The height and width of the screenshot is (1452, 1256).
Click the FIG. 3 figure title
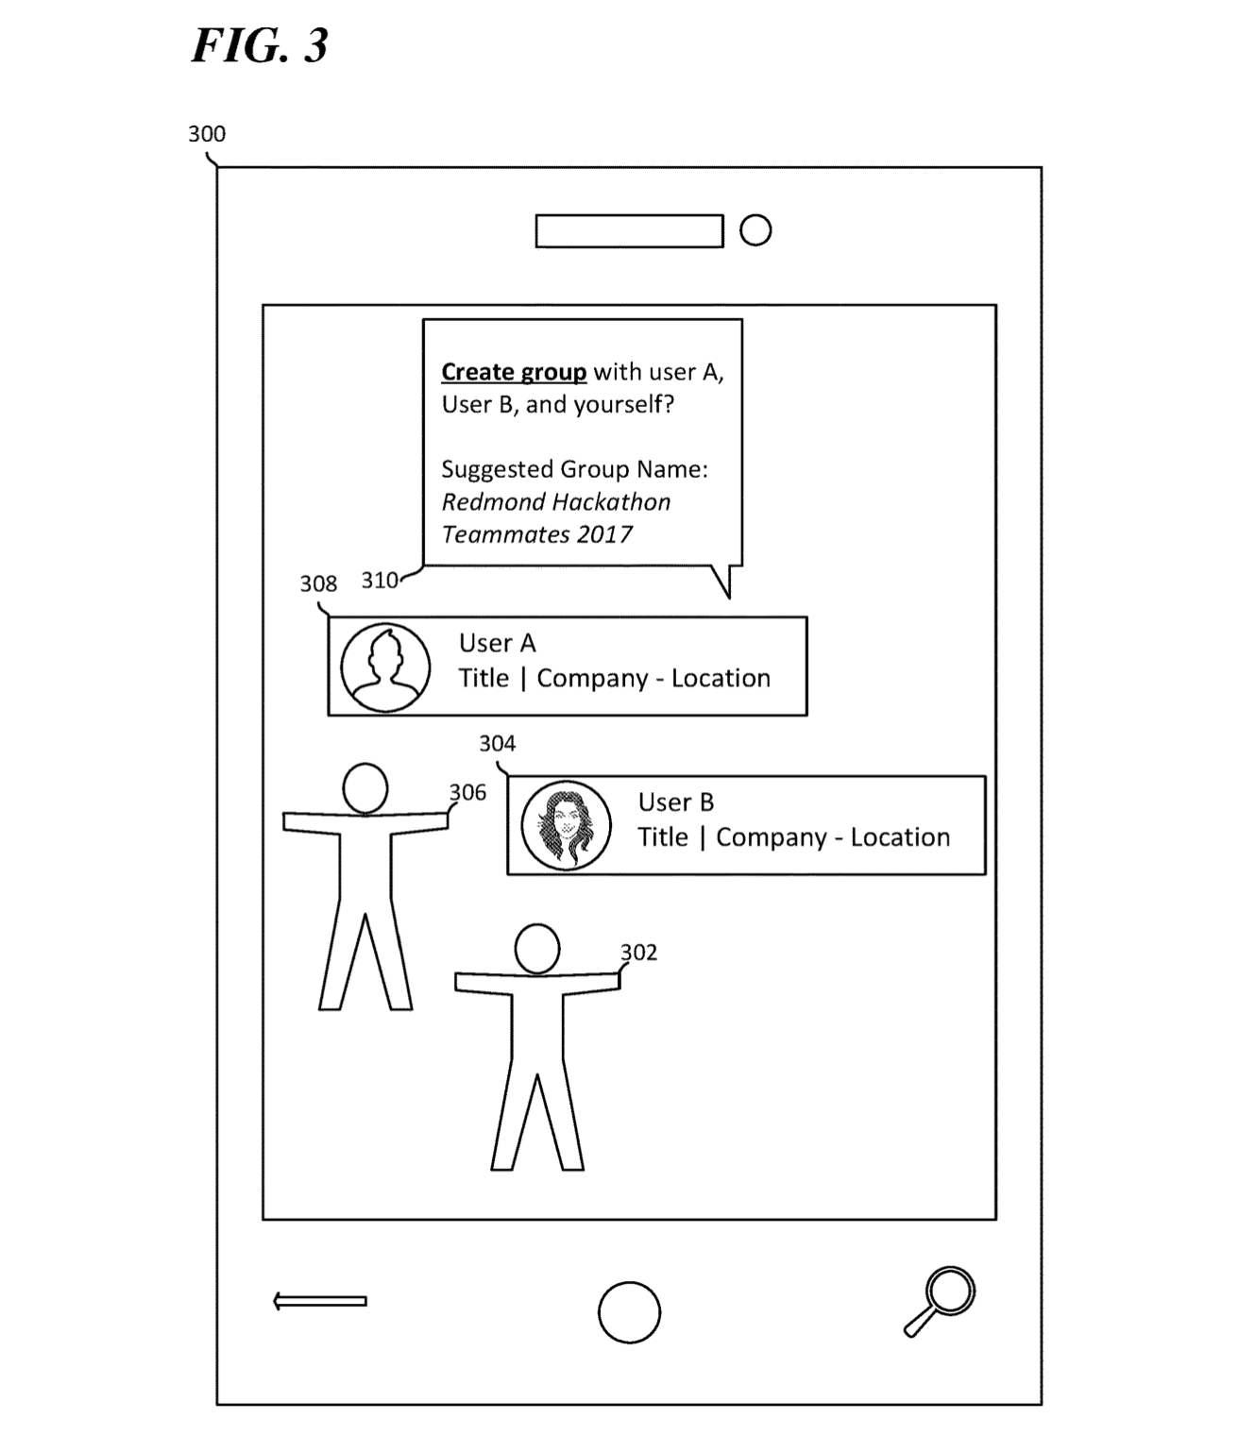[260, 45]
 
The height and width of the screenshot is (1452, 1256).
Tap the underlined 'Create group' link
[514, 372]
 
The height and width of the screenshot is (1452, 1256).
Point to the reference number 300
[207, 134]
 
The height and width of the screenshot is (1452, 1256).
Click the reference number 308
[318, 584]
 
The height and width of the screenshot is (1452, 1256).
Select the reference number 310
[380, 581]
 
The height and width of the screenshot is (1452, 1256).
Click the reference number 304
[497, 744]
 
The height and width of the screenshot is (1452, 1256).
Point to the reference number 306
[467, 792]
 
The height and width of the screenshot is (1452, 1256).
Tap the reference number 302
[638, 953]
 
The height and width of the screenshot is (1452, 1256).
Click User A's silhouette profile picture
[385, 667]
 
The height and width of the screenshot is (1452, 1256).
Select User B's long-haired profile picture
[567, 825]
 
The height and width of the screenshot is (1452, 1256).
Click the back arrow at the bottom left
[319, 1301]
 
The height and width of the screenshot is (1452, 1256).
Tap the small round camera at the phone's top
[755, 230]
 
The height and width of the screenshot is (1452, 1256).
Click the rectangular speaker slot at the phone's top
[629, 231]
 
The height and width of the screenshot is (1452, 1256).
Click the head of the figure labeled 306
[365, 788]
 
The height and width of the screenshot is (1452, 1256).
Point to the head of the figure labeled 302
[537, 949]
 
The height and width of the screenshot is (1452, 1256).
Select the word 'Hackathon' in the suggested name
[613, 502]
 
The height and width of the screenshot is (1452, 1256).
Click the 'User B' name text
[675, 802]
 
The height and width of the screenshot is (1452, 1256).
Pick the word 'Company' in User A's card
[592, 679]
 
